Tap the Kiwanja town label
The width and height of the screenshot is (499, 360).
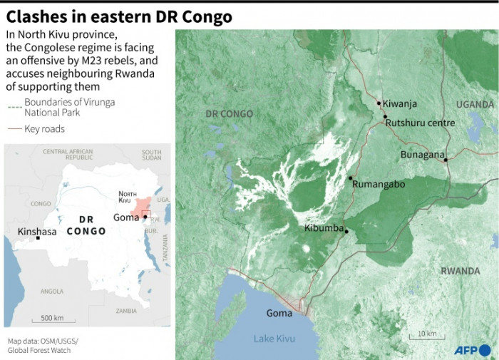pyautogui.click(x=399, y=104)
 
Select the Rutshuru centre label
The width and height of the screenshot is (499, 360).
pyautogui.click(x=420, y=123)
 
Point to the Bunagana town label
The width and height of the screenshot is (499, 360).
pyautogui.click(x=422, y=154)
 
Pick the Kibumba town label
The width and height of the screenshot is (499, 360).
pyautogui.click(x=324, y=229)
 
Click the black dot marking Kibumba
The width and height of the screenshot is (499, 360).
pyautogui.click(x=346, y=230)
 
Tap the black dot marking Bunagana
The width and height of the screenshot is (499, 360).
pyautogui.click(x=446, y=160)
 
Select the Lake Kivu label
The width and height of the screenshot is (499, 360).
pyautogui.click(x=273, y=337)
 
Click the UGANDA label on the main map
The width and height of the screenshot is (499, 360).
pyautogui.click(x=474, y=104)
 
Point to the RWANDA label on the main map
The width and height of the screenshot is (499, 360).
pyautogui.click(x=460, y=271)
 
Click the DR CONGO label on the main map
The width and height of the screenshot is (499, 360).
pyautogui.click(x=229, y=114)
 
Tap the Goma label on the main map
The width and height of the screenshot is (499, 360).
pyautogui.click(x=279, y=313)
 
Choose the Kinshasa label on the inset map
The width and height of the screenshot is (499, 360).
pyautogui.click(x=37, y=232)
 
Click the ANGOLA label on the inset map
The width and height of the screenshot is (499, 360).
pyautogui.click(x=52, y=291)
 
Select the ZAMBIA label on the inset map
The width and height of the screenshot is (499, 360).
pyautogui.click(x=126, y=311)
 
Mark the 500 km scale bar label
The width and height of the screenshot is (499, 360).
pyautogui.click(x=53, y=317)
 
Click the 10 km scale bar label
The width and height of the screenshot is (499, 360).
pyautogui.click(x=427, y=334)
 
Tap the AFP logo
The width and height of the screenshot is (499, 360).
pyautogui.click(x=473, y=350)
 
